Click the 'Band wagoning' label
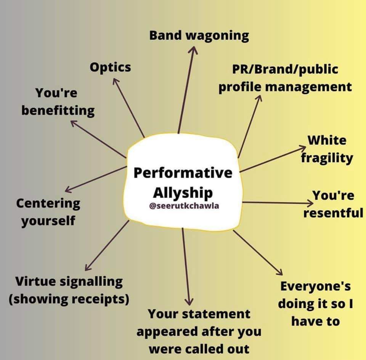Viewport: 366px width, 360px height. coord(199,35)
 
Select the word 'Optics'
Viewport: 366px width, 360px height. coord(110,67)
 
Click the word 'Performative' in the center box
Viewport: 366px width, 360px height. coord(183,173)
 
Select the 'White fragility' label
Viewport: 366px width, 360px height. coord(327,149)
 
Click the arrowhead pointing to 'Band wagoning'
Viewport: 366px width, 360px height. coord(194,50)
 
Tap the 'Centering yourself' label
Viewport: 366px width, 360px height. coord(48,211)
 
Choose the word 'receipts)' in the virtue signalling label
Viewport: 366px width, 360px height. coord(104,299)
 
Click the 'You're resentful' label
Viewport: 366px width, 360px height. coord(333,204)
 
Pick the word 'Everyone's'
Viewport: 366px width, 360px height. coord(315,286)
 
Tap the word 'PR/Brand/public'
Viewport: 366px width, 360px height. coord(285,69)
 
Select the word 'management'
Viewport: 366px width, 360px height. coord(308,86)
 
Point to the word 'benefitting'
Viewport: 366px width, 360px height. coord(58,110)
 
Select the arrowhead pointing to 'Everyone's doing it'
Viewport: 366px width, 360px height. coord(280,272)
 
